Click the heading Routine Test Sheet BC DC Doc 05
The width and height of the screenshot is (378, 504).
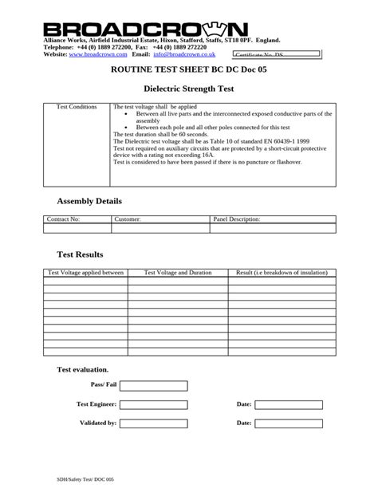(x=189, y=70)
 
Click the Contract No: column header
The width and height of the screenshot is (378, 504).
(x=65, y=218)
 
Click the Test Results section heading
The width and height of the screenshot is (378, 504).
(x=80, y=254)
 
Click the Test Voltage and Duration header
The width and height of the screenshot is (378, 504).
(x=177, y=273)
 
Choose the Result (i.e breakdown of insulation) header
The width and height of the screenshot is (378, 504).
(x=278, y=273)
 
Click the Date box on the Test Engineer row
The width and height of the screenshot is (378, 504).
(x=289, y=404)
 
